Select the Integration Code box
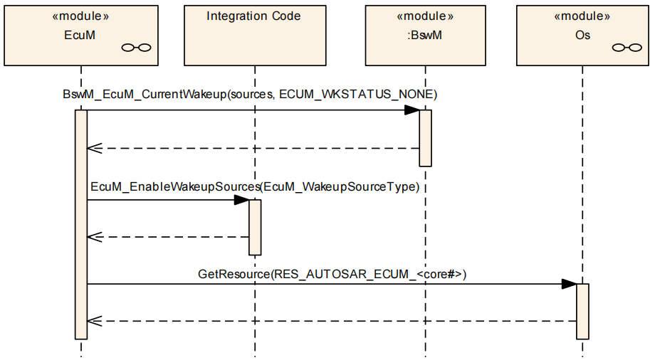click(x=253, y=34)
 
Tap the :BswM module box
click(x=424, y=34)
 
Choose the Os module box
click(x=582, y=34)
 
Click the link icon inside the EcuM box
click(x=137, y=48)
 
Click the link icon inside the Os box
click(x=627, y=48)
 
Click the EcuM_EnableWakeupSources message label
click(x=254, y=186)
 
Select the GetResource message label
click(x=332, y=273)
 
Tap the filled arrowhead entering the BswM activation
click(x=412, y=110)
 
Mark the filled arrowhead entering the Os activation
click(x=569, y=285)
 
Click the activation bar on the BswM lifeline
click(x=425, y=138)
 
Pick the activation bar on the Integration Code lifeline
click(x=255, y=227)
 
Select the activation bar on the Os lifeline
click(x=582, y=312)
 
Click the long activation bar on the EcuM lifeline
click(x=81, y=224)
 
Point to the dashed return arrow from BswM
click(x=253, y=149)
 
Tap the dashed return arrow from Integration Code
click(x=167, y=237)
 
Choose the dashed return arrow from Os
click(x=331, y=322)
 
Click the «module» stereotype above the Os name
click(x=582, y=16)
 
